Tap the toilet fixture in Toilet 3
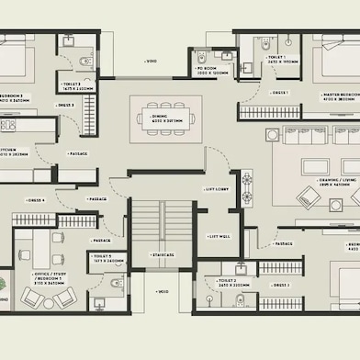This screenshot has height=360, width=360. click(x=84, y=61)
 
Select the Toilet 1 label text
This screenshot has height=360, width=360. click(x=280, y=58)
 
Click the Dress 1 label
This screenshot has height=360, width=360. click(x=280, y=93)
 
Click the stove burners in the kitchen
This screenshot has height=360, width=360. click(x=8, y=125)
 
